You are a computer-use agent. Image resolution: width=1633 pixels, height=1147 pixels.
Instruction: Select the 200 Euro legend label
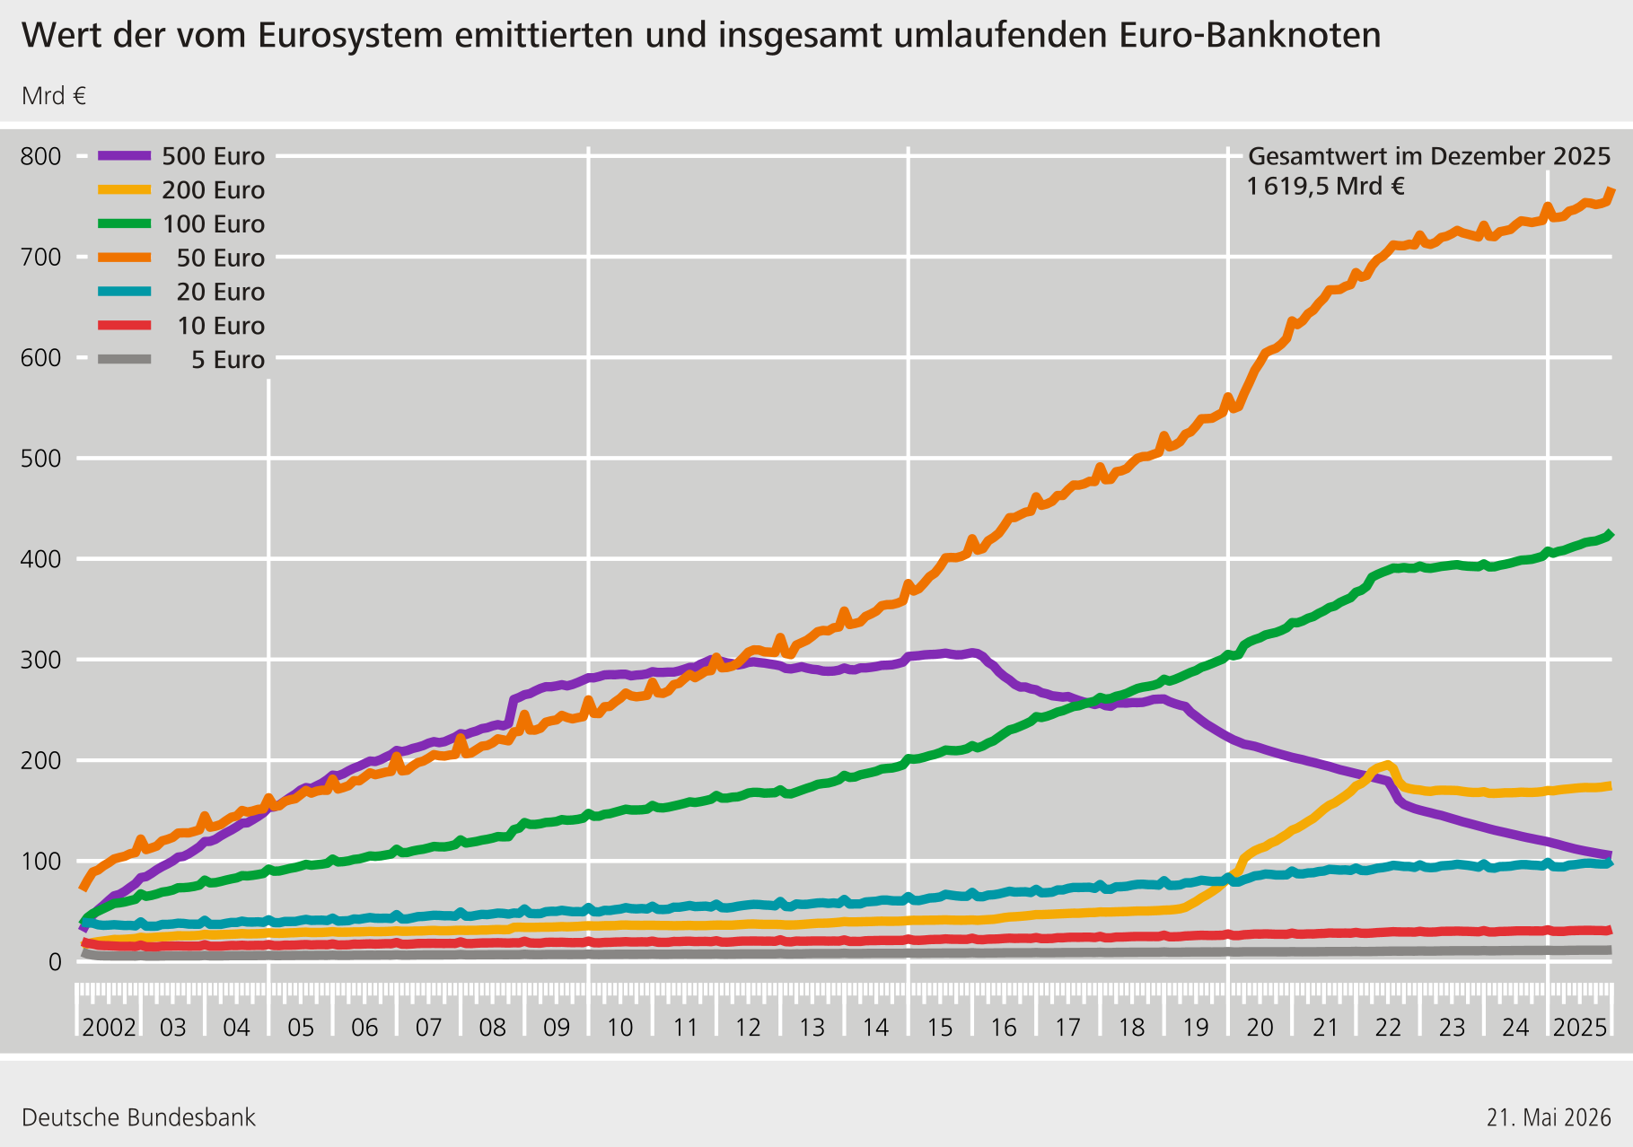pyautogui.click(x=214, y=190)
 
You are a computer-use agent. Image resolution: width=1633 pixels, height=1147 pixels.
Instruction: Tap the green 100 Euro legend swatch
pyautogui.click(x=124, y=223)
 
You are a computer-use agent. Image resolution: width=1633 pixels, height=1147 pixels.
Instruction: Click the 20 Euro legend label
pyautogui.click(x=221, y=292)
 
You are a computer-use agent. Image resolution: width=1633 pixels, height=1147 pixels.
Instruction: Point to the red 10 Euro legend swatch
pyautogui.click(x=124, y=325)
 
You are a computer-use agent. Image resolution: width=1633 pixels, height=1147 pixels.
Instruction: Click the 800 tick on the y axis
pyautogui.click(x=41, y=156)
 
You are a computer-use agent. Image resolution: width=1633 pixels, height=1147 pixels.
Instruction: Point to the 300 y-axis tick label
pyautogui.click(x=41, y=660)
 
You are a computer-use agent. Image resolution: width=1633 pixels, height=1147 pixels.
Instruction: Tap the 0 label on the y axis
pyautogui.click(x=56, y=962)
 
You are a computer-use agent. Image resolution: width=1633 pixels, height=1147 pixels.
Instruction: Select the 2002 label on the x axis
pyautogui.click(x=109, y=1028)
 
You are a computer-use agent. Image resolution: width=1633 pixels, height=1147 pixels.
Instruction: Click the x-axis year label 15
pyautogui.click(x=940, y=1028)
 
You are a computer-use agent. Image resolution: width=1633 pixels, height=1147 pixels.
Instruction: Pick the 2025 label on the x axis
pyautogui.click(x=1580, y=1028)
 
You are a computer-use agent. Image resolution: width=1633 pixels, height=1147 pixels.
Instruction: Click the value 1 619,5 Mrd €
pyautogui.click(x=1326, y=187)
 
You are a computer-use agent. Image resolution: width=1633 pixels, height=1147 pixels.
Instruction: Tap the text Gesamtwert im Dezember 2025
pyautogui.click(x=1429, y=156)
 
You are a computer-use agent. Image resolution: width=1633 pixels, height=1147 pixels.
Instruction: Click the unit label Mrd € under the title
pyautogui.click(x=54, y=96)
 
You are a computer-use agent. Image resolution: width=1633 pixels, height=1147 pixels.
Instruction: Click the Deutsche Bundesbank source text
pyautogui.click(x=138, y=1117)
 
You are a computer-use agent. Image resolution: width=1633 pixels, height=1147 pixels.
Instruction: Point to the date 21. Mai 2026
pyautogui.click(x=1549, y=1117)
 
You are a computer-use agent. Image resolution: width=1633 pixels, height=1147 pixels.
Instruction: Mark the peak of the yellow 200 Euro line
pyautogui.click(x=1388, y=765)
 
